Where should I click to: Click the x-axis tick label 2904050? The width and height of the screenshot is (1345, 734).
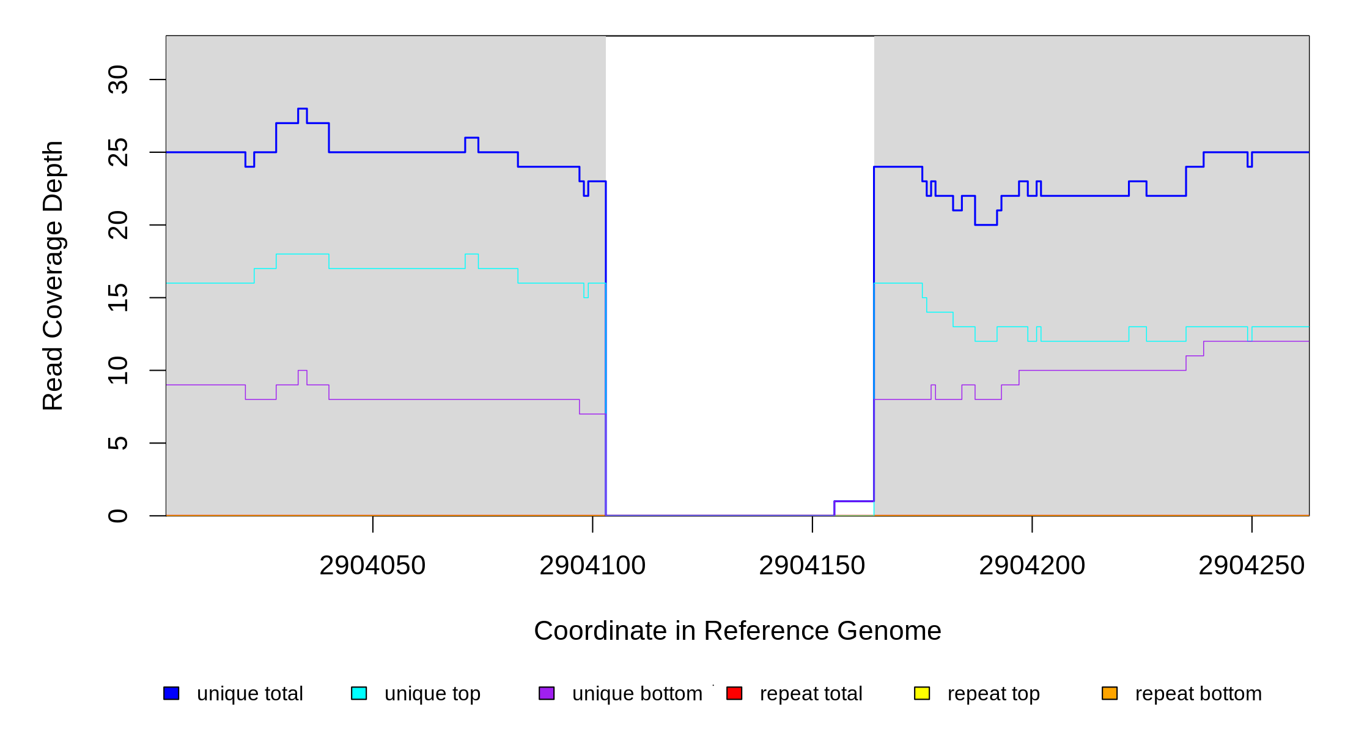pos(372,566)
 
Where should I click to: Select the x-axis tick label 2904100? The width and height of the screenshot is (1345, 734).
pos(592,566)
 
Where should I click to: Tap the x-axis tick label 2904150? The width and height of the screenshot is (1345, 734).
pos(812,566)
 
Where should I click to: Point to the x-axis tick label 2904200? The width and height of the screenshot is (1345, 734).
pos(1032,566)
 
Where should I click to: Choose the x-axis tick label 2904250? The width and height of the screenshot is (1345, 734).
pos(1251,566)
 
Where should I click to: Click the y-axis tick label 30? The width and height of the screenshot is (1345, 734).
pos(118,80)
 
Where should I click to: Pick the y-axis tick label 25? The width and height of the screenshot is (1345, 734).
pos(118,152)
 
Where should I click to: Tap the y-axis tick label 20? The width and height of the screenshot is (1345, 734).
pos(118,225)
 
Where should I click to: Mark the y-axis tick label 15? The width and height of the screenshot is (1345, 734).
pos(118,297)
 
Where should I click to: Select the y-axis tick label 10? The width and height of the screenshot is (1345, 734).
pos(118,370)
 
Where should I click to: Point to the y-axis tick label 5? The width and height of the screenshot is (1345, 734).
pos(118,443)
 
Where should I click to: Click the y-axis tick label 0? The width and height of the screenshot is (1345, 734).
pos(118,516)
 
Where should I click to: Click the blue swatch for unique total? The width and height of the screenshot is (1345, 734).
pos(171,693)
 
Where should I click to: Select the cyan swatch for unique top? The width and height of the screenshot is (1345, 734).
pos(359,693)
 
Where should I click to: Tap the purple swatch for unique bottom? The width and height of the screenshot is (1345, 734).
pos(547,693)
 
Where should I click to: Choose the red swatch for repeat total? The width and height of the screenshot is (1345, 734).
pos(734,693)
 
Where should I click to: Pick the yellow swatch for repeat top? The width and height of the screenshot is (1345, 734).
pos(922,693)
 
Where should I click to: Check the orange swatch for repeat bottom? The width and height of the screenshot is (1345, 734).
pos(1110,693)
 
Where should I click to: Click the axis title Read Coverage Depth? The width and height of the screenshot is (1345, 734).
pos(53,275)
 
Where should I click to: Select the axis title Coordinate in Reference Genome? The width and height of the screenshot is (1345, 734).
pos(737,631)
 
